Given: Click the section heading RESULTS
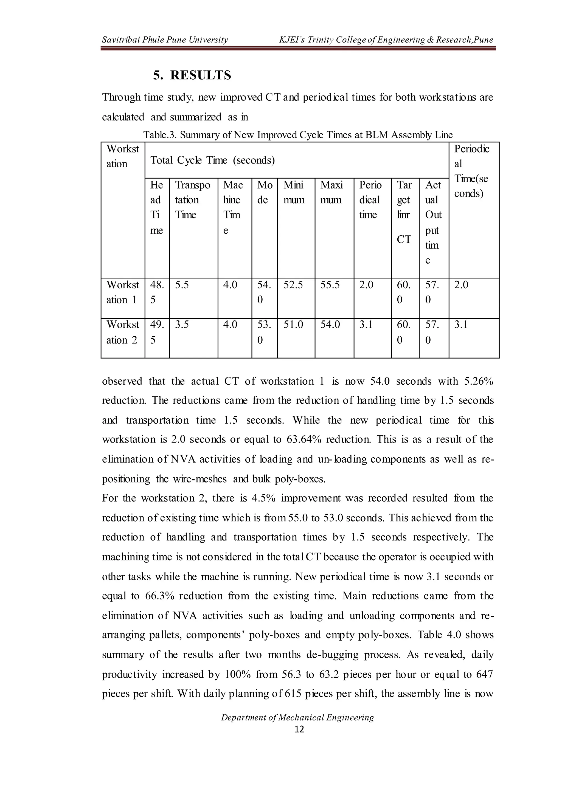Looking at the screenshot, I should point(200,75).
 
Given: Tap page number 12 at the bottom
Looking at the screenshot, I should point(299,729).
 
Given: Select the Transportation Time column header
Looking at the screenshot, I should point(192,200).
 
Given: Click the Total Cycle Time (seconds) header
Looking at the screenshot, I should point(212,160).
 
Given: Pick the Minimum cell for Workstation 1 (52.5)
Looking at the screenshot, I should point(293,285).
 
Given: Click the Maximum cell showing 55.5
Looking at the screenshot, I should point(330,285).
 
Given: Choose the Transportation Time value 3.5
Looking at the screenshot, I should point(182,325).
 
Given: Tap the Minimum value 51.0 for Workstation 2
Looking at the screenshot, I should point(293,325).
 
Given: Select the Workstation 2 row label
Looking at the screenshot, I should point(122,332).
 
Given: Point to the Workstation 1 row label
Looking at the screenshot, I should point(122,292).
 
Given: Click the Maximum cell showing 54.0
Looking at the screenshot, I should point(330,325).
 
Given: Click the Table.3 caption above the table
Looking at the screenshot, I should point(298,135).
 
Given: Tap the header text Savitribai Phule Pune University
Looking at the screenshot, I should point(165,40).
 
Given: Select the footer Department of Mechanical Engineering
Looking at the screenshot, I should point(298,717).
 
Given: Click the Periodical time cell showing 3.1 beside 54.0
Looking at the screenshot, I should point(366,325).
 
